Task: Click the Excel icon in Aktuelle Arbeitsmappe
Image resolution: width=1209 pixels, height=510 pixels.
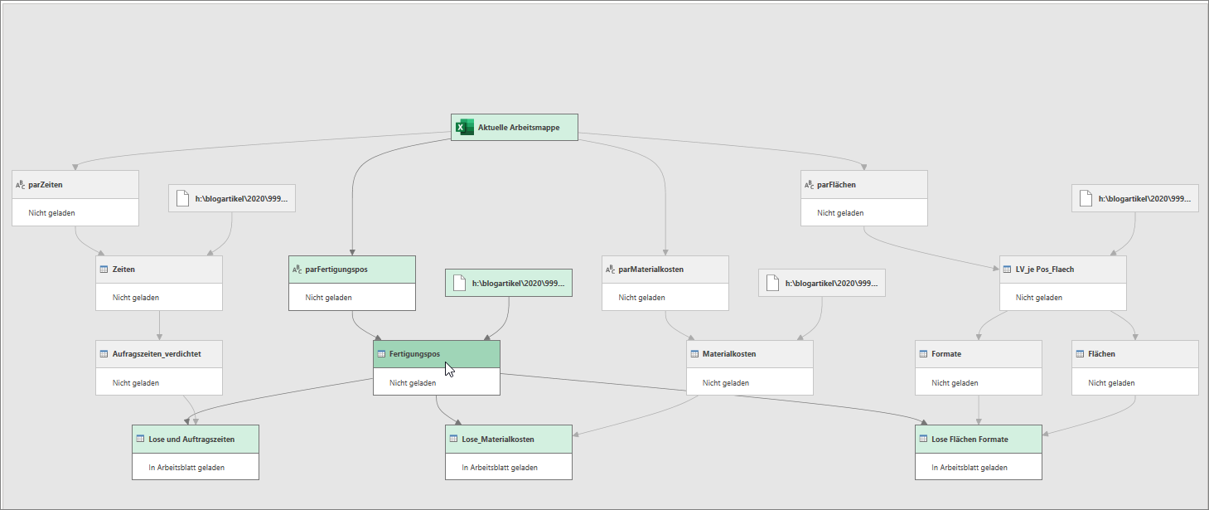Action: click(464, 128)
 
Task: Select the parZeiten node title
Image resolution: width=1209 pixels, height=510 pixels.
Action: click(46, 185)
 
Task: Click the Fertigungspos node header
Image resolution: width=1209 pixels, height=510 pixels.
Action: click(437, 354)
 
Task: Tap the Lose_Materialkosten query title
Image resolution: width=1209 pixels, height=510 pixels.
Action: click(498, 440)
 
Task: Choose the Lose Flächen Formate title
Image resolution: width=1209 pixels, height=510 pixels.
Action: click(970, 440)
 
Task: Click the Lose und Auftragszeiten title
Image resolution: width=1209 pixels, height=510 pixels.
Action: click(191, 440)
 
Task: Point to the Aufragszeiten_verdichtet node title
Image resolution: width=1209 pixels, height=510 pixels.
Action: click(157, 354)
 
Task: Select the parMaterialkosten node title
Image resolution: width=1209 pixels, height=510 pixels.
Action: click(651, 269)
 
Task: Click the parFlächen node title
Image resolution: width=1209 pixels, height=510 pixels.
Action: click(836, 185)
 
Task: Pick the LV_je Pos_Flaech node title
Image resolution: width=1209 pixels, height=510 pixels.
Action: click(1044, 269)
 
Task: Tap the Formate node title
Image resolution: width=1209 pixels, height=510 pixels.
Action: click(946, 354)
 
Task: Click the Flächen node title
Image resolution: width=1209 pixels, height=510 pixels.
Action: click(1101, 354)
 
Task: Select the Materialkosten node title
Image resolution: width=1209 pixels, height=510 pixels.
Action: click(728, 354)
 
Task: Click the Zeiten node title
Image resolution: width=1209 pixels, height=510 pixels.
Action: click(123, 269)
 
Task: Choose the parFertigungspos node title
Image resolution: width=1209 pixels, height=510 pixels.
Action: click(336, 269)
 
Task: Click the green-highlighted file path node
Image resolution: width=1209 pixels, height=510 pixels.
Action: click(509, 283)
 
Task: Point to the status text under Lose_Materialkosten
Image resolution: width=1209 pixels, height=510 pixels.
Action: click(499, 468)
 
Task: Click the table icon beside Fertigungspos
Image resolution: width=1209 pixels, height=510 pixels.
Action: click(381, 354)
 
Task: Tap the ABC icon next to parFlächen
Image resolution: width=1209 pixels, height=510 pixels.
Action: click(809, 185)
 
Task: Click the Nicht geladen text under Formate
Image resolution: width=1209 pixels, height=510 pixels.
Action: click(955, 383)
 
